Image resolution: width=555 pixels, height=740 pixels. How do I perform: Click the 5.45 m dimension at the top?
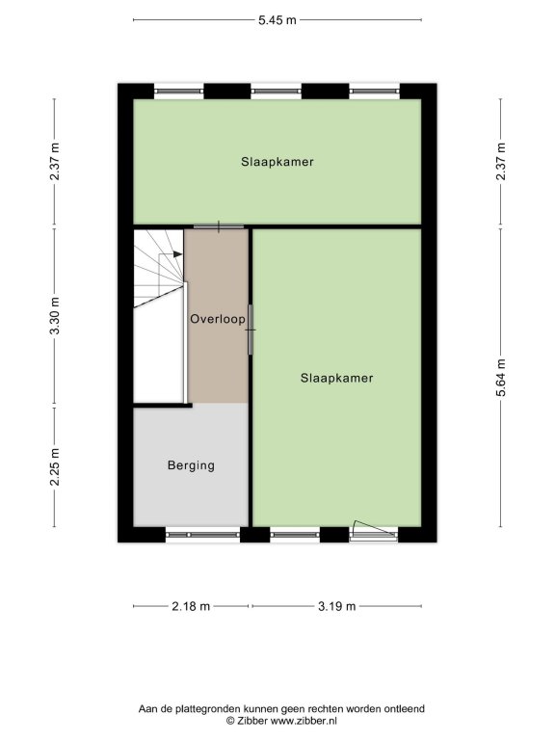tap(277, 20)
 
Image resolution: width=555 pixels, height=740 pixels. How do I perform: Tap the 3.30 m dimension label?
tap(55, 316)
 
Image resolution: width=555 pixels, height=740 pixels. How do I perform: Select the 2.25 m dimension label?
tap(55, 466)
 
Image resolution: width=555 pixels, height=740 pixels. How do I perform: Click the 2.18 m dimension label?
tap(191, 606)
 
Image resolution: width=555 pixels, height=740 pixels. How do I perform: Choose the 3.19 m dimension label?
tap(336, 606)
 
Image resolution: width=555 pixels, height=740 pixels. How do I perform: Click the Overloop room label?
tap(218, 319)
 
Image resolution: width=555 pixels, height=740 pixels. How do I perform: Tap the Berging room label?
tap(191, 465)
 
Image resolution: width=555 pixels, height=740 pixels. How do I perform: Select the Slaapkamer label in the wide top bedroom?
tap(277, 162)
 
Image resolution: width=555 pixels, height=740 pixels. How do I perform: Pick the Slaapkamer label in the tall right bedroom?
tap(337, 378)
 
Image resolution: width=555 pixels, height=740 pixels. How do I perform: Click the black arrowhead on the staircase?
tap(177, 254)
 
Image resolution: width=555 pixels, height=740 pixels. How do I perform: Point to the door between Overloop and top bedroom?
tap(219, 226)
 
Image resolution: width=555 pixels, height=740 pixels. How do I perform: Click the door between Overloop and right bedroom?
tap(251, 330)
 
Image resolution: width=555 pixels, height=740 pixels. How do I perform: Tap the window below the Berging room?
tap(203, 535)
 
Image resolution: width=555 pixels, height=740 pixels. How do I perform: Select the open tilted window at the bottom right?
tap(374, 531)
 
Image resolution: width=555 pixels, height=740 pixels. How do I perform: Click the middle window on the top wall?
tap(277, 92)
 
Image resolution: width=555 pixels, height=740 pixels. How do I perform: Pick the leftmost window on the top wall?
tap(179, 92)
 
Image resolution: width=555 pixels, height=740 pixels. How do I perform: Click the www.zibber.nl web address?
tap(304, 721)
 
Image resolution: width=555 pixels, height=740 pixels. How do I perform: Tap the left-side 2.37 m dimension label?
tap(55, 161)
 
